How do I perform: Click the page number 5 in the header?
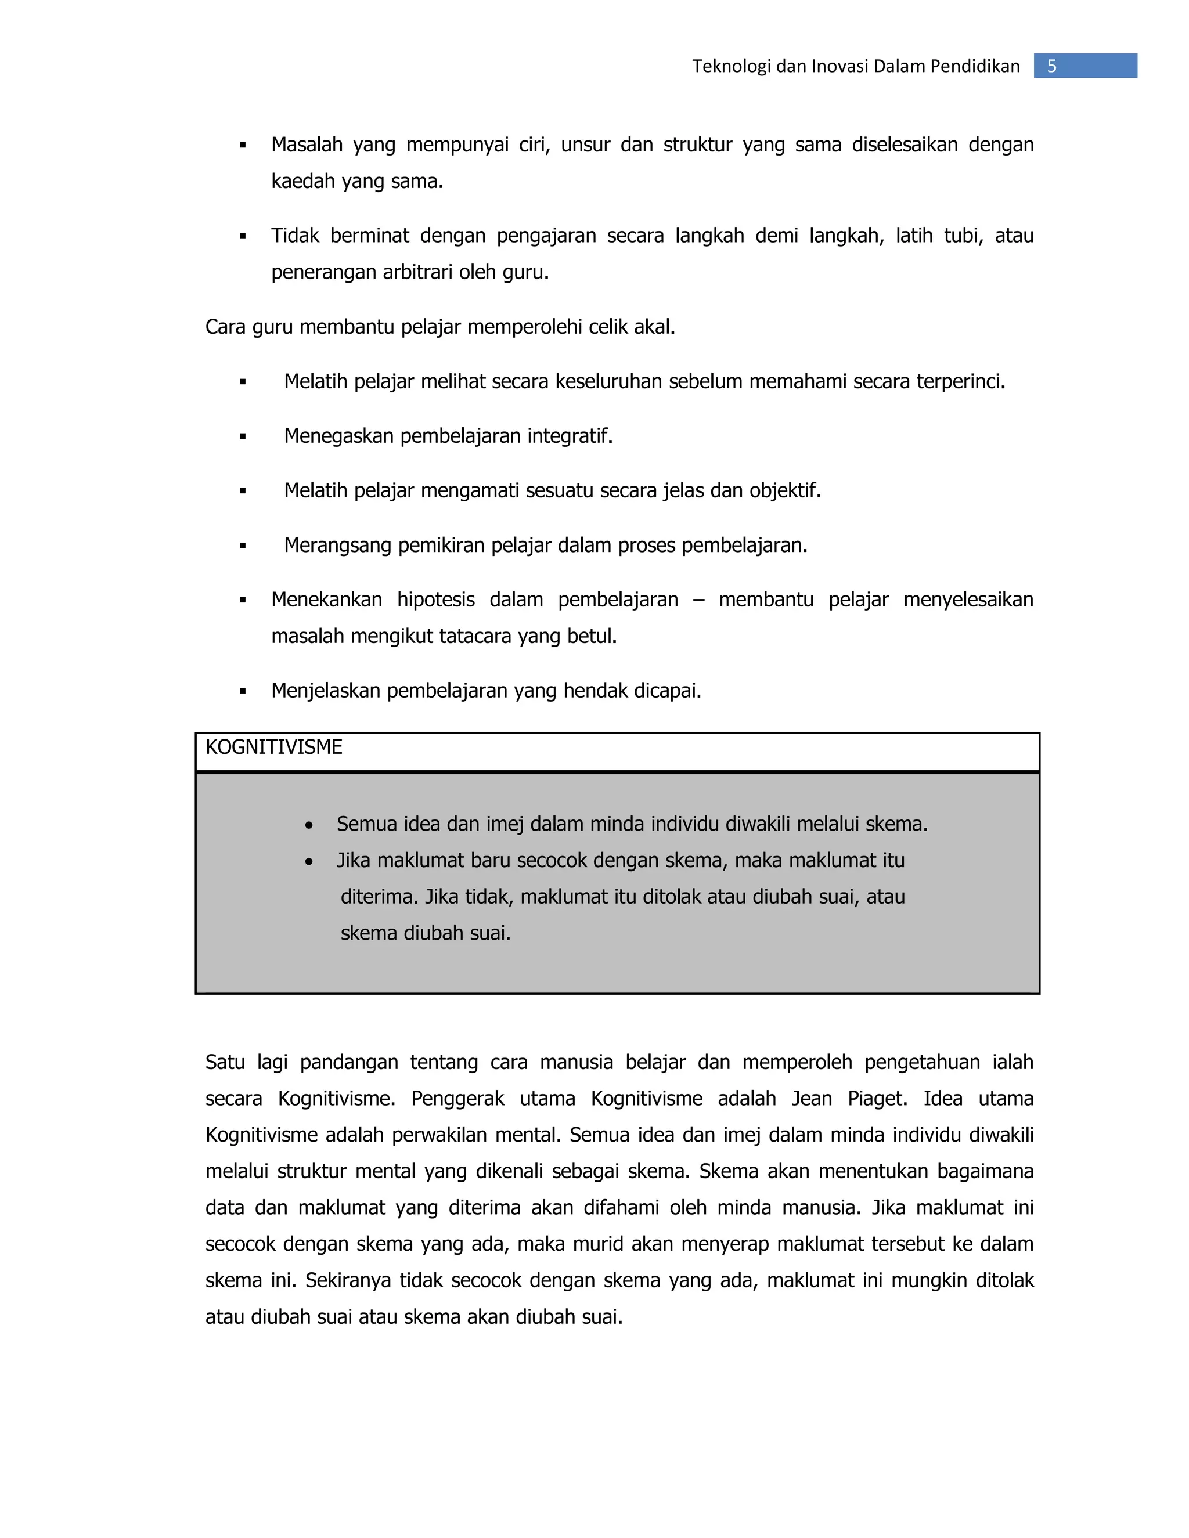[1051, 66]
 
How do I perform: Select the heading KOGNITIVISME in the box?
[273, 747]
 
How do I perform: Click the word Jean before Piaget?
[812, 1099]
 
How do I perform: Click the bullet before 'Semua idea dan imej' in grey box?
[309, 825]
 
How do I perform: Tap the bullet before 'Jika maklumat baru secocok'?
[309, 862]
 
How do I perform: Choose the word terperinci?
[960, 381]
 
